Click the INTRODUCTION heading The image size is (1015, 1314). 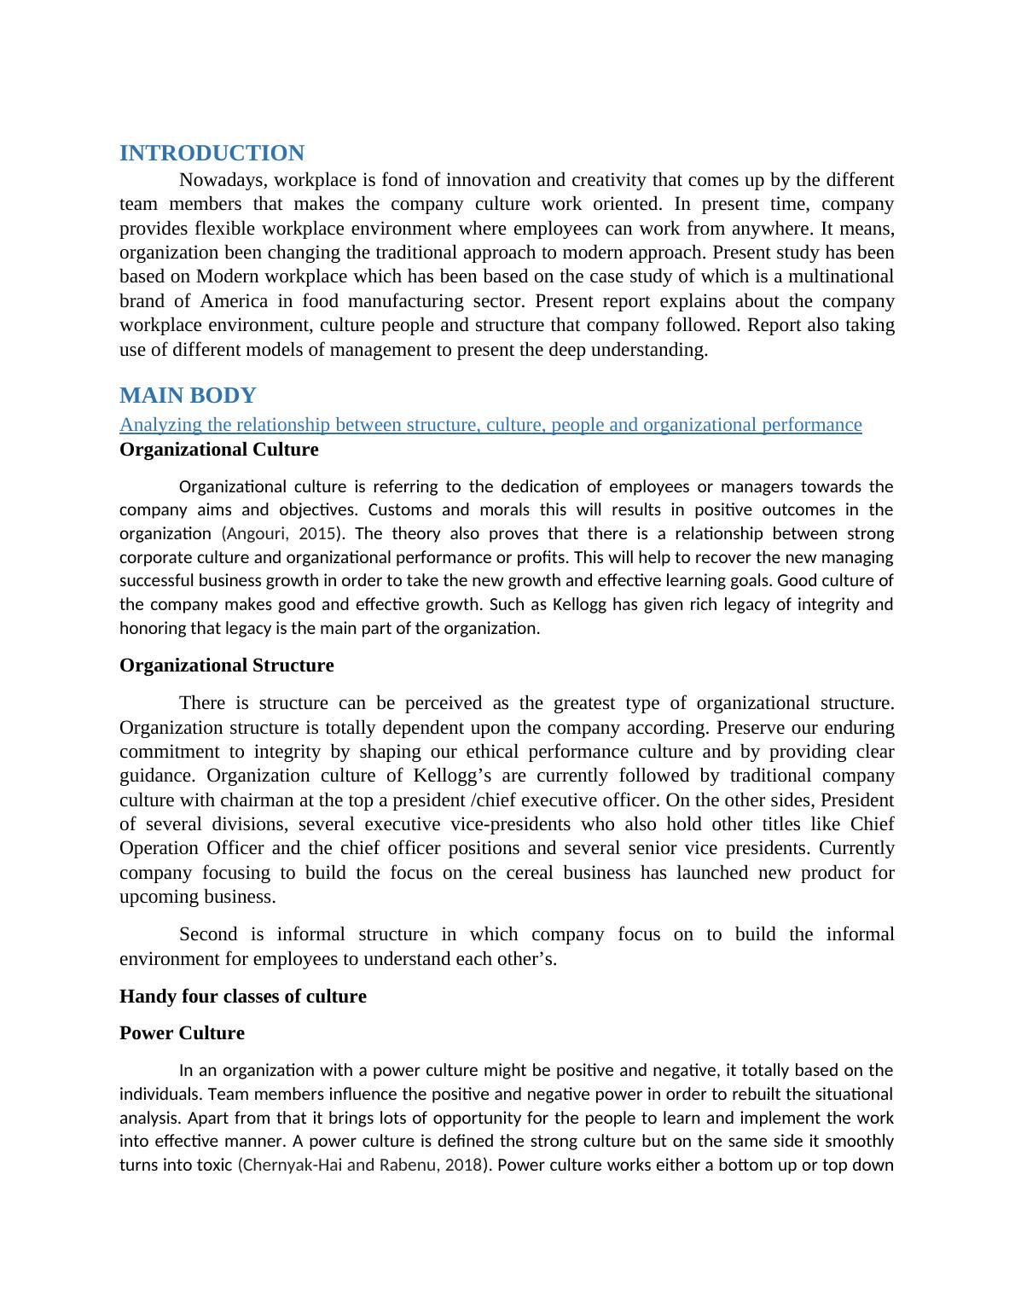212,154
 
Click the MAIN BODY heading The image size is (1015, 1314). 188,396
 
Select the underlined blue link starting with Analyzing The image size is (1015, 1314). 490,425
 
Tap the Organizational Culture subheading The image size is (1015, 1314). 218,450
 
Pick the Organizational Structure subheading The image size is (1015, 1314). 226,666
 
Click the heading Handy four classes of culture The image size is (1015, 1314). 242,997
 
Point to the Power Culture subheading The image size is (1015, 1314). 182,1033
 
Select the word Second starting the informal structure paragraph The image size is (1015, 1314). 208,934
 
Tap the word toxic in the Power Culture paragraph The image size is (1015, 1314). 214,1166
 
